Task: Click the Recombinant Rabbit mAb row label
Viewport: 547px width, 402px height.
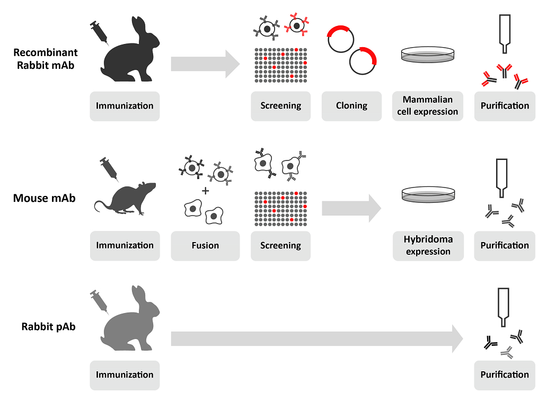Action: point(46,59)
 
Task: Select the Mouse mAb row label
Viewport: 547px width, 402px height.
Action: point(45,198)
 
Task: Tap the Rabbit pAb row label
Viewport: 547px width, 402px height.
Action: point(48,327)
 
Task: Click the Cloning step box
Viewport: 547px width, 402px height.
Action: point(351,106)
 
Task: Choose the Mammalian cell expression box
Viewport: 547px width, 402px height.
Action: point(428,106)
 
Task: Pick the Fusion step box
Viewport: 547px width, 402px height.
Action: point(205,246)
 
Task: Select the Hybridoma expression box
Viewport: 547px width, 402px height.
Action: point(428,246)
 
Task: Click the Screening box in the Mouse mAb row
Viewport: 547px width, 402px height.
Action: point(280,246)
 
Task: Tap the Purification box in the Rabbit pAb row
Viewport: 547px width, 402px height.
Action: point(505,375)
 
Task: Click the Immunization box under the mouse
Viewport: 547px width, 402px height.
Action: point(125,246)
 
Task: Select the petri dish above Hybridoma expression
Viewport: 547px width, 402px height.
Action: point(428,194)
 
